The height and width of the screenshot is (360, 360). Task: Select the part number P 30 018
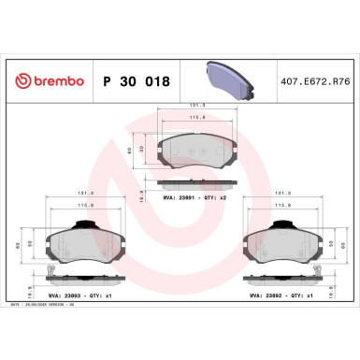point(137,81)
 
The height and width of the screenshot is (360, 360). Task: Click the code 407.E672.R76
point(314,81)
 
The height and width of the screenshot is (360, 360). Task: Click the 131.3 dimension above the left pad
point(83,195)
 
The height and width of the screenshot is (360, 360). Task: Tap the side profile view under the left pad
point(82,278)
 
